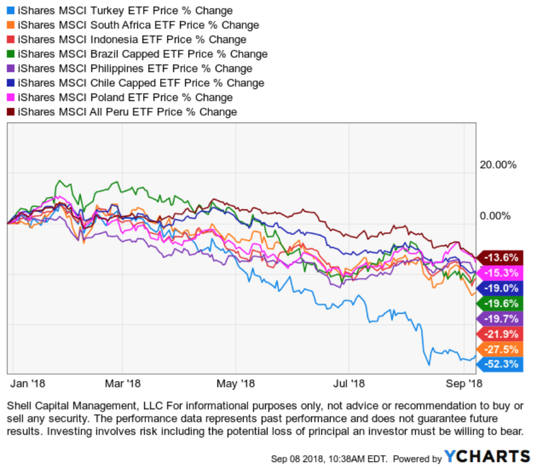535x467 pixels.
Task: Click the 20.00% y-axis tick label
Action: point(498,165)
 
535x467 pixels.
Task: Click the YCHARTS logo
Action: point(487,457)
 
